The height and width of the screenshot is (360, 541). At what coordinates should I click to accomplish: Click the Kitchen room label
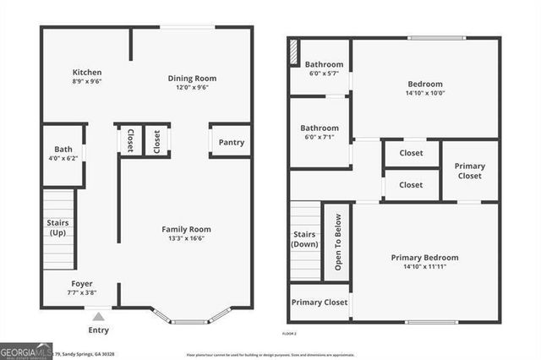87,74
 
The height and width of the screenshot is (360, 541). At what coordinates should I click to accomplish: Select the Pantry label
231,142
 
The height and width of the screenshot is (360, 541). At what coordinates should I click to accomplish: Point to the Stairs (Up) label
57,227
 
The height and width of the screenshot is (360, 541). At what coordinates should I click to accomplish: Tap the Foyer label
82,283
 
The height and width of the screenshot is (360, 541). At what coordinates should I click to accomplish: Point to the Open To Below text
337,240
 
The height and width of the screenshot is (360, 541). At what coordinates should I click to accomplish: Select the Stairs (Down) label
304,238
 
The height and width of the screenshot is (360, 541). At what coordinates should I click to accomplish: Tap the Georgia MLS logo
25,350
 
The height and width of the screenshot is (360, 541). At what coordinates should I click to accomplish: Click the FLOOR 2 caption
289,335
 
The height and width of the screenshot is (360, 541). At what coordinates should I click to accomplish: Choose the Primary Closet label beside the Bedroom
470,171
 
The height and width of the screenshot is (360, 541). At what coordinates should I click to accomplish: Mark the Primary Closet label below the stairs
320,302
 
